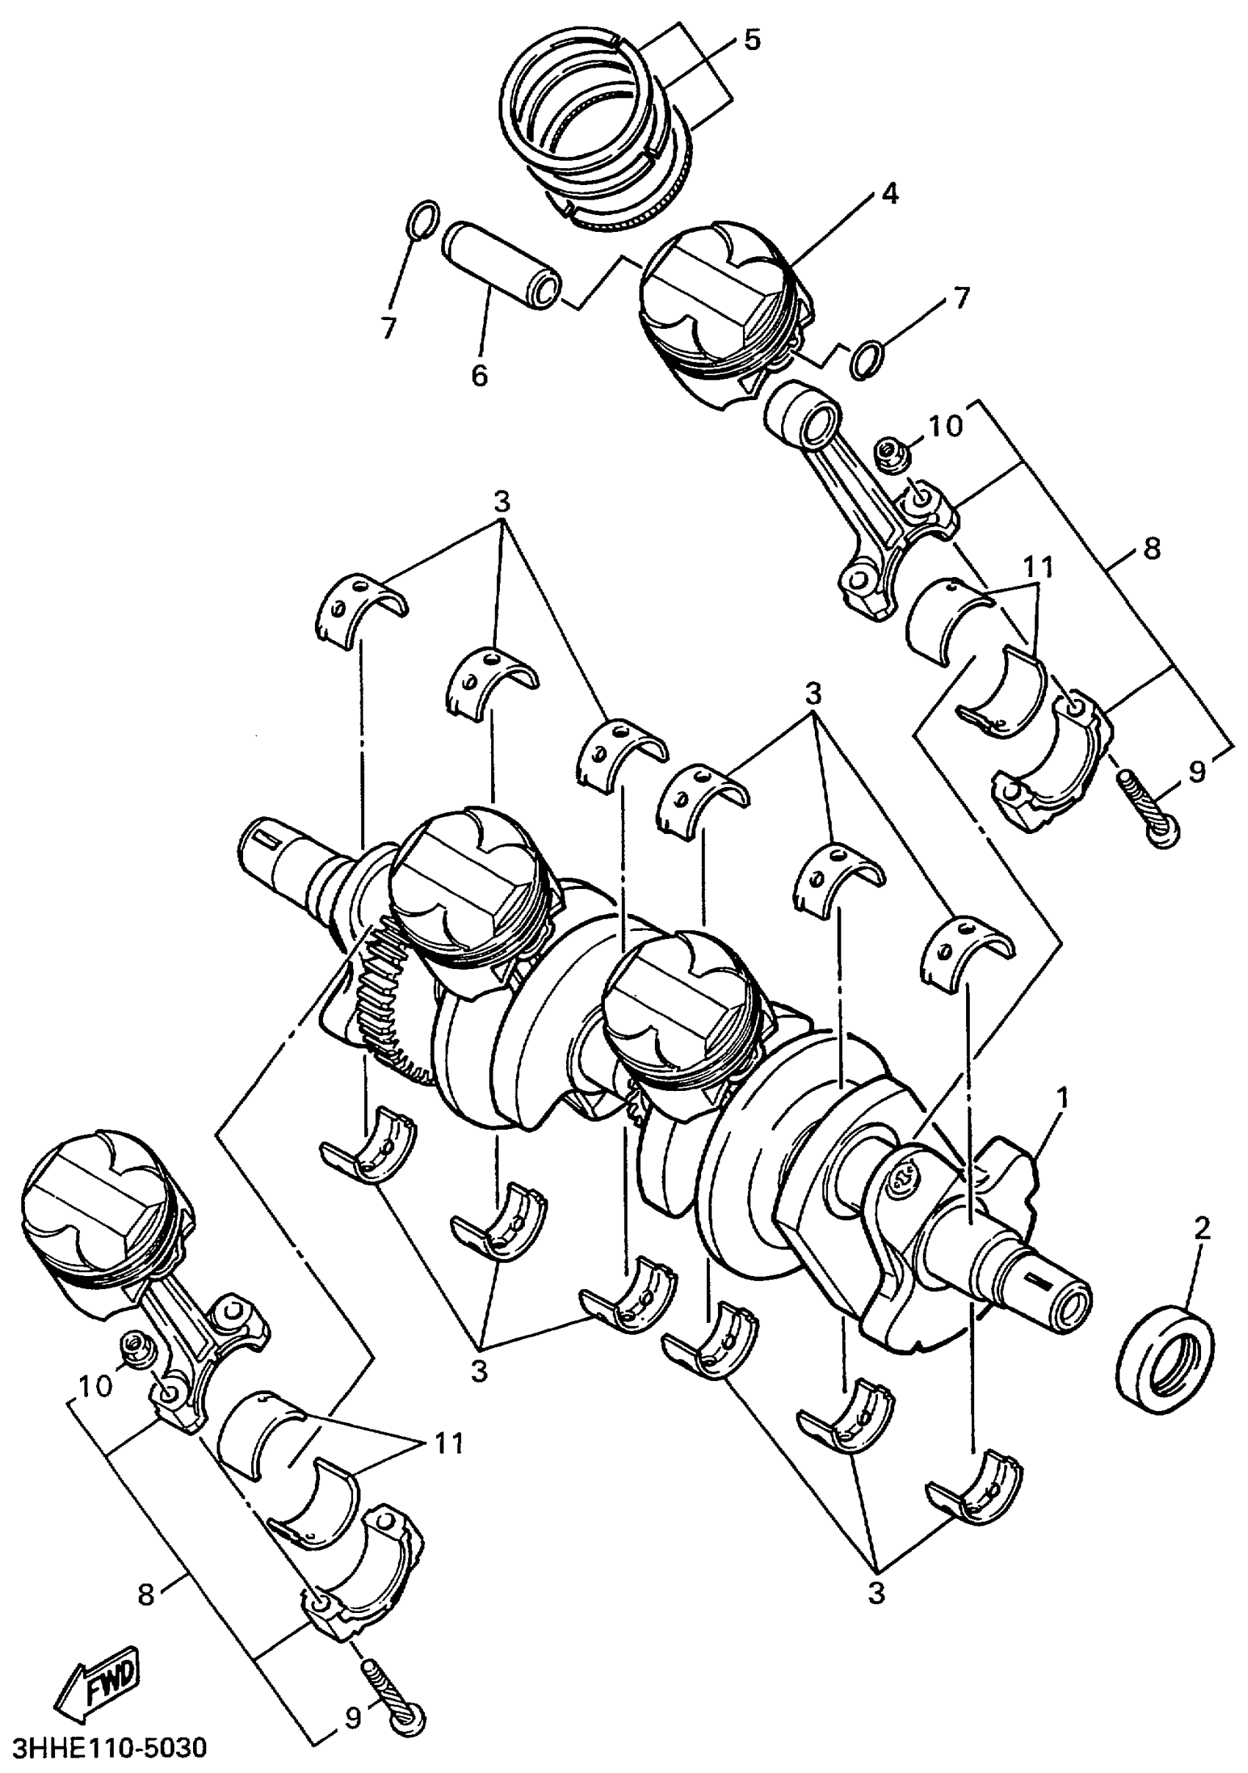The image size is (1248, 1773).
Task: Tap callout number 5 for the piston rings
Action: pos(752,40)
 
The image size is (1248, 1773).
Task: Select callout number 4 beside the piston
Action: pos(890,193)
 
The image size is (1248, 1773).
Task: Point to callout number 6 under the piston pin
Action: pos(479,375)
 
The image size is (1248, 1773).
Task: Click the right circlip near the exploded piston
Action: pos(867,360)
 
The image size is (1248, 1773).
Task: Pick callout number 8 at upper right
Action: pos(1152,549)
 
